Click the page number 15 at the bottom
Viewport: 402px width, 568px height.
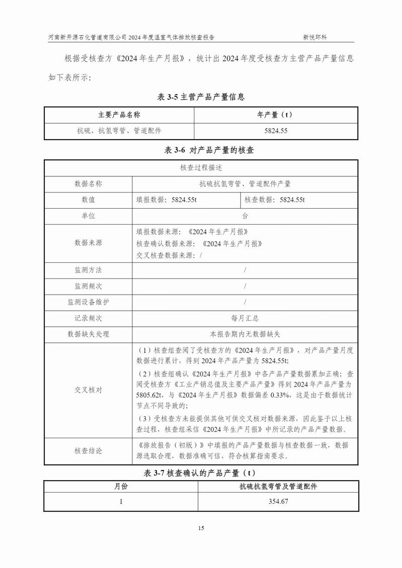pyautogui.click(x=201, y=528)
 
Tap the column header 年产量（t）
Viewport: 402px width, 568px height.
pyautogui.click(x=275, y=115)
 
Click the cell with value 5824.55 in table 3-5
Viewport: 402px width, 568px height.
pyautogui.click(x=275, y=131)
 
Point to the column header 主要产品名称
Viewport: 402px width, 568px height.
pyautogui.click(x=119, y=115)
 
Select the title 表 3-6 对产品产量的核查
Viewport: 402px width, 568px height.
pyautogui.click(x=201, y=150)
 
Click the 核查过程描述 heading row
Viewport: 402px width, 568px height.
pyautogui.click(x=201, y=168)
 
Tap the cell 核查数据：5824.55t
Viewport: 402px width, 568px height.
pyautogui.click(x=275, y=200)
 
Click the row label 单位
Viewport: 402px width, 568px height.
pyautogui.click(x=88, y=216)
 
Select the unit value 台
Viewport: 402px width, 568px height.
pyautogui.click(x=245, y=216)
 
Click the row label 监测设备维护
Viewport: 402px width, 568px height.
pyautogui.click(x=88, y=302)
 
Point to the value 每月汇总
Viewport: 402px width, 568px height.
pyautogui.click(x=245, y=318)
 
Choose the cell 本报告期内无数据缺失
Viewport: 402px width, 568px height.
pyautogui.click(x=245, y=334)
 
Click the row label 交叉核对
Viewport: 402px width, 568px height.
pyautogui.click(x=88, y=390)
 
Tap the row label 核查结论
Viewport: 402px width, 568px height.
pyautogui.click(x=88, y=451)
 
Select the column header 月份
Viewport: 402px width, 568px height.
pyautogui.click(x=121, y=487)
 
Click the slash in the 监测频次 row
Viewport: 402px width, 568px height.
pyautogui.click(x=245, y=286)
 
